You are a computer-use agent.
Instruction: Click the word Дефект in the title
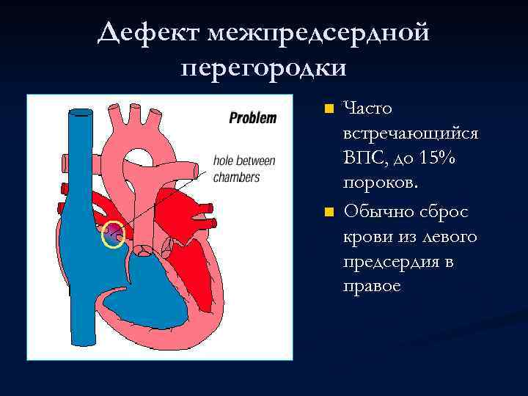click(149, 33)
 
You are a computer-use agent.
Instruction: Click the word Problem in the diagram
click(253, 117)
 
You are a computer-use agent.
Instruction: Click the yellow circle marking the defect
click(113, 235)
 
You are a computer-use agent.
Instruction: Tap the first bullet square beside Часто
click(329, 109)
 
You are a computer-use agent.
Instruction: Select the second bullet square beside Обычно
click(329, 213)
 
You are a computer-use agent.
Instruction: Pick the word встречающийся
click(411, 134)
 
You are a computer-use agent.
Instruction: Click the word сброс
click(446, 211)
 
